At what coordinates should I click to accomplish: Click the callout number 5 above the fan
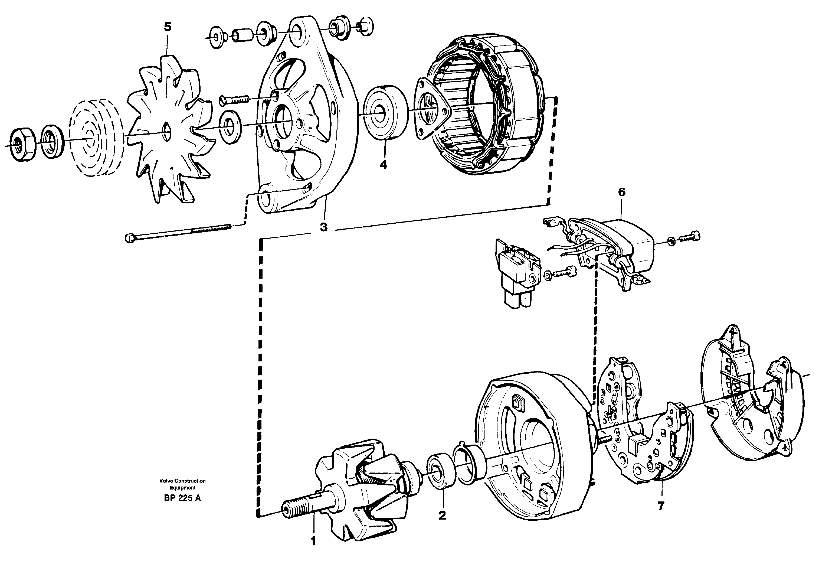point(168,27)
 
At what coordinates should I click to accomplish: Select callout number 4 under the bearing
point(384,164)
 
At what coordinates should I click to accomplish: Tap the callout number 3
point(323,227)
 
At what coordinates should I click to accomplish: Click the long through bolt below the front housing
point(178,233)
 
